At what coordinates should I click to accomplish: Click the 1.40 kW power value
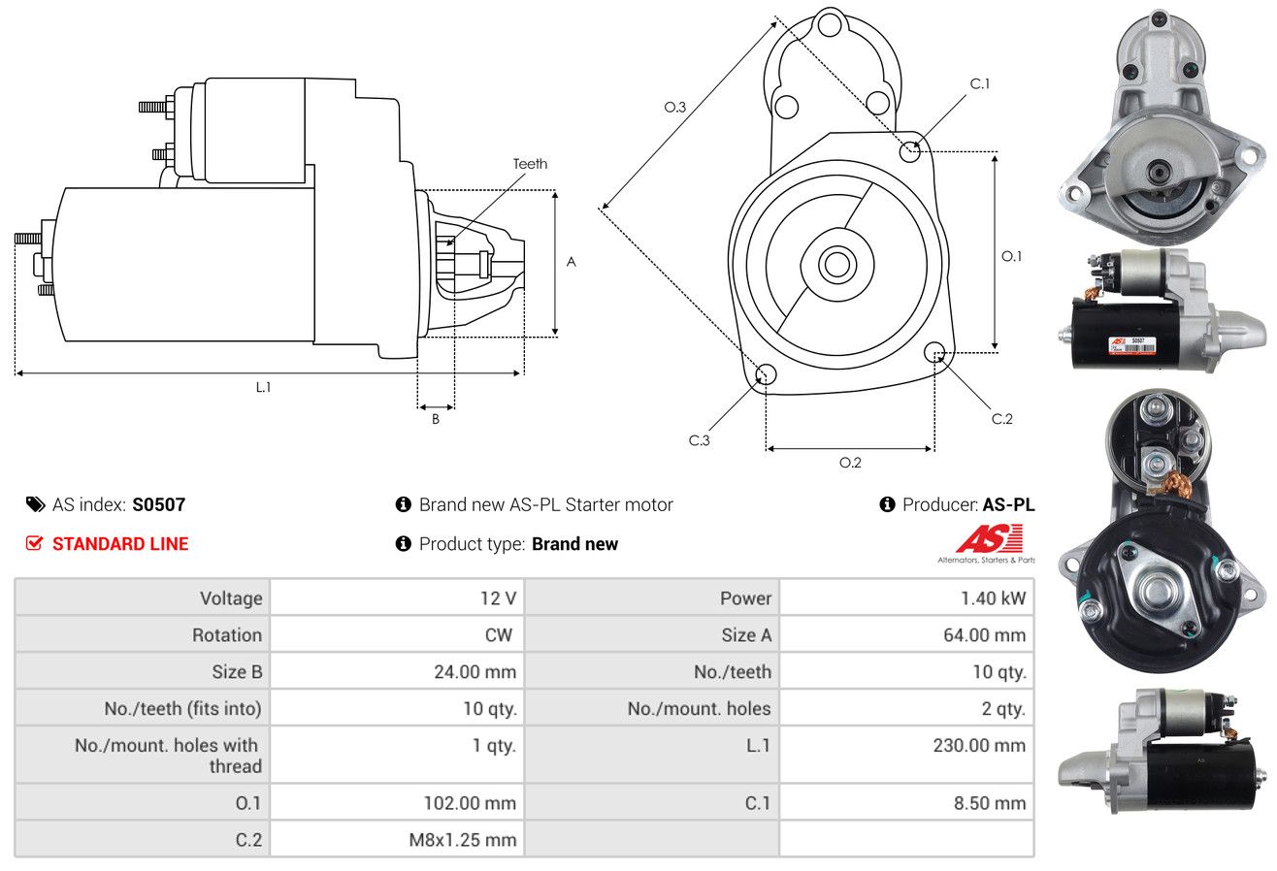(993, 598)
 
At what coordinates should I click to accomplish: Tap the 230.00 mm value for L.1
(979, 745)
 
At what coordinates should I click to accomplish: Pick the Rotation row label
(227, 634)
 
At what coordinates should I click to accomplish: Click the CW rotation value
(498, 634)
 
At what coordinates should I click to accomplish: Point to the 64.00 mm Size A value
(984, 634)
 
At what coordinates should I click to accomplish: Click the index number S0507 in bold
(158, 504)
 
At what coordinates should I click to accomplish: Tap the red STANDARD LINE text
(120, 544)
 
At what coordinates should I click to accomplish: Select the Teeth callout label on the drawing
(530, 164)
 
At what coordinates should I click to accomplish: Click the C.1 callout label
(979, 83)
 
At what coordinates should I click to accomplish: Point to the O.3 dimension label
(675, 107)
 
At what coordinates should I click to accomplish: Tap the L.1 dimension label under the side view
(263, 387)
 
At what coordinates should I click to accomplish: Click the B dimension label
(436, 419)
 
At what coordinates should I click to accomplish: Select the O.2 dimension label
(850, 463)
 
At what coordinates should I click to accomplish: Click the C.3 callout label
(699, 440)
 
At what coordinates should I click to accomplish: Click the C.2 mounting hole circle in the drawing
(934, 352)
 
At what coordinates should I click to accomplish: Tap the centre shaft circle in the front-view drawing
(836, 265)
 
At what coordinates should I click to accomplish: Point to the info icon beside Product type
(403, 544)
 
